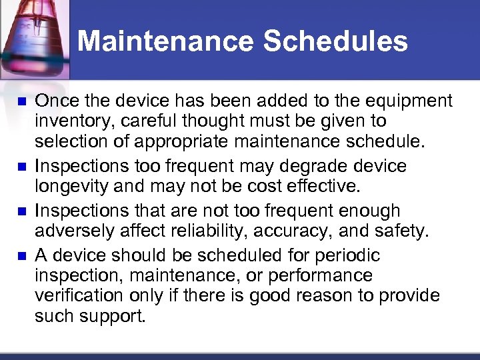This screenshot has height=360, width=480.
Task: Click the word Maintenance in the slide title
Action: (x=165, y=41)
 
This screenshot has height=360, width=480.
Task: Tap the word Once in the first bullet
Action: (x=55, y=101)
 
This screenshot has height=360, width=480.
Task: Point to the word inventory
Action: (x=67, y=121)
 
